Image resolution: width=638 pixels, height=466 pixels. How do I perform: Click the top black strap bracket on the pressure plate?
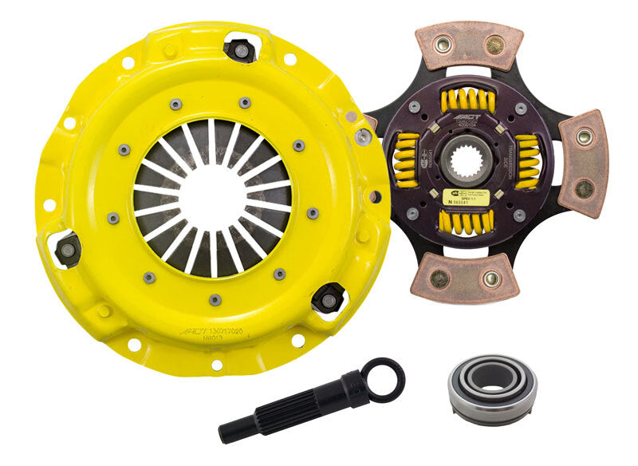click(239, 49)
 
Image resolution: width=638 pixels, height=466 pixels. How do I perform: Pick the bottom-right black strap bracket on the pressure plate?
click(327, 298)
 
